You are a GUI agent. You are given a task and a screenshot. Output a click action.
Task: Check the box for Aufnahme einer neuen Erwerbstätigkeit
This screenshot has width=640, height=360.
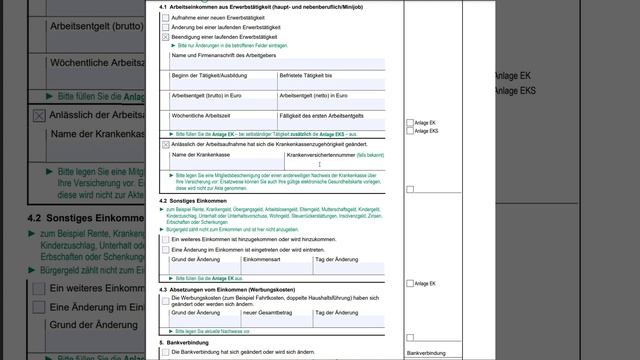tap(166, 18)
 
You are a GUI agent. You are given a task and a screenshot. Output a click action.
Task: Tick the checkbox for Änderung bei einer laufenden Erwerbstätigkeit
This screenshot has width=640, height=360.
tap(166, 27)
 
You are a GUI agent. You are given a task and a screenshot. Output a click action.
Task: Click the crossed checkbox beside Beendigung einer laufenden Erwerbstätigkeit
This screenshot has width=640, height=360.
tap(166, 36)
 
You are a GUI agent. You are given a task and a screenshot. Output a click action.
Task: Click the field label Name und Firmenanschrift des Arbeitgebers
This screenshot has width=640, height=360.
tap(221, 54)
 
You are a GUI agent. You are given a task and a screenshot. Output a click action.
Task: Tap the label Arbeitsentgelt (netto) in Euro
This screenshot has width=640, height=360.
tap(315, 95)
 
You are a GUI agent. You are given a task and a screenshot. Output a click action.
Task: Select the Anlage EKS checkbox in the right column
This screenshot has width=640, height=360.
tap(410, 131)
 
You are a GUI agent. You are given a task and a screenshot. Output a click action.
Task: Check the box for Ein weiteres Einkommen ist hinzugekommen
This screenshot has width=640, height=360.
tap(166, 240)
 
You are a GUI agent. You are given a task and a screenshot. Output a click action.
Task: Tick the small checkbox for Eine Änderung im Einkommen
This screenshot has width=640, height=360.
tap(166, 249)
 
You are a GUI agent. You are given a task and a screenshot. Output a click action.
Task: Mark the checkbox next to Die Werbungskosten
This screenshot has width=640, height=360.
tap(166, 298)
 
